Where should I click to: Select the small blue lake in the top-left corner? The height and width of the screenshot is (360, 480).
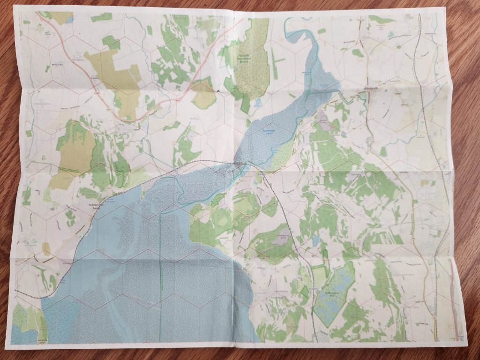point(69,20)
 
